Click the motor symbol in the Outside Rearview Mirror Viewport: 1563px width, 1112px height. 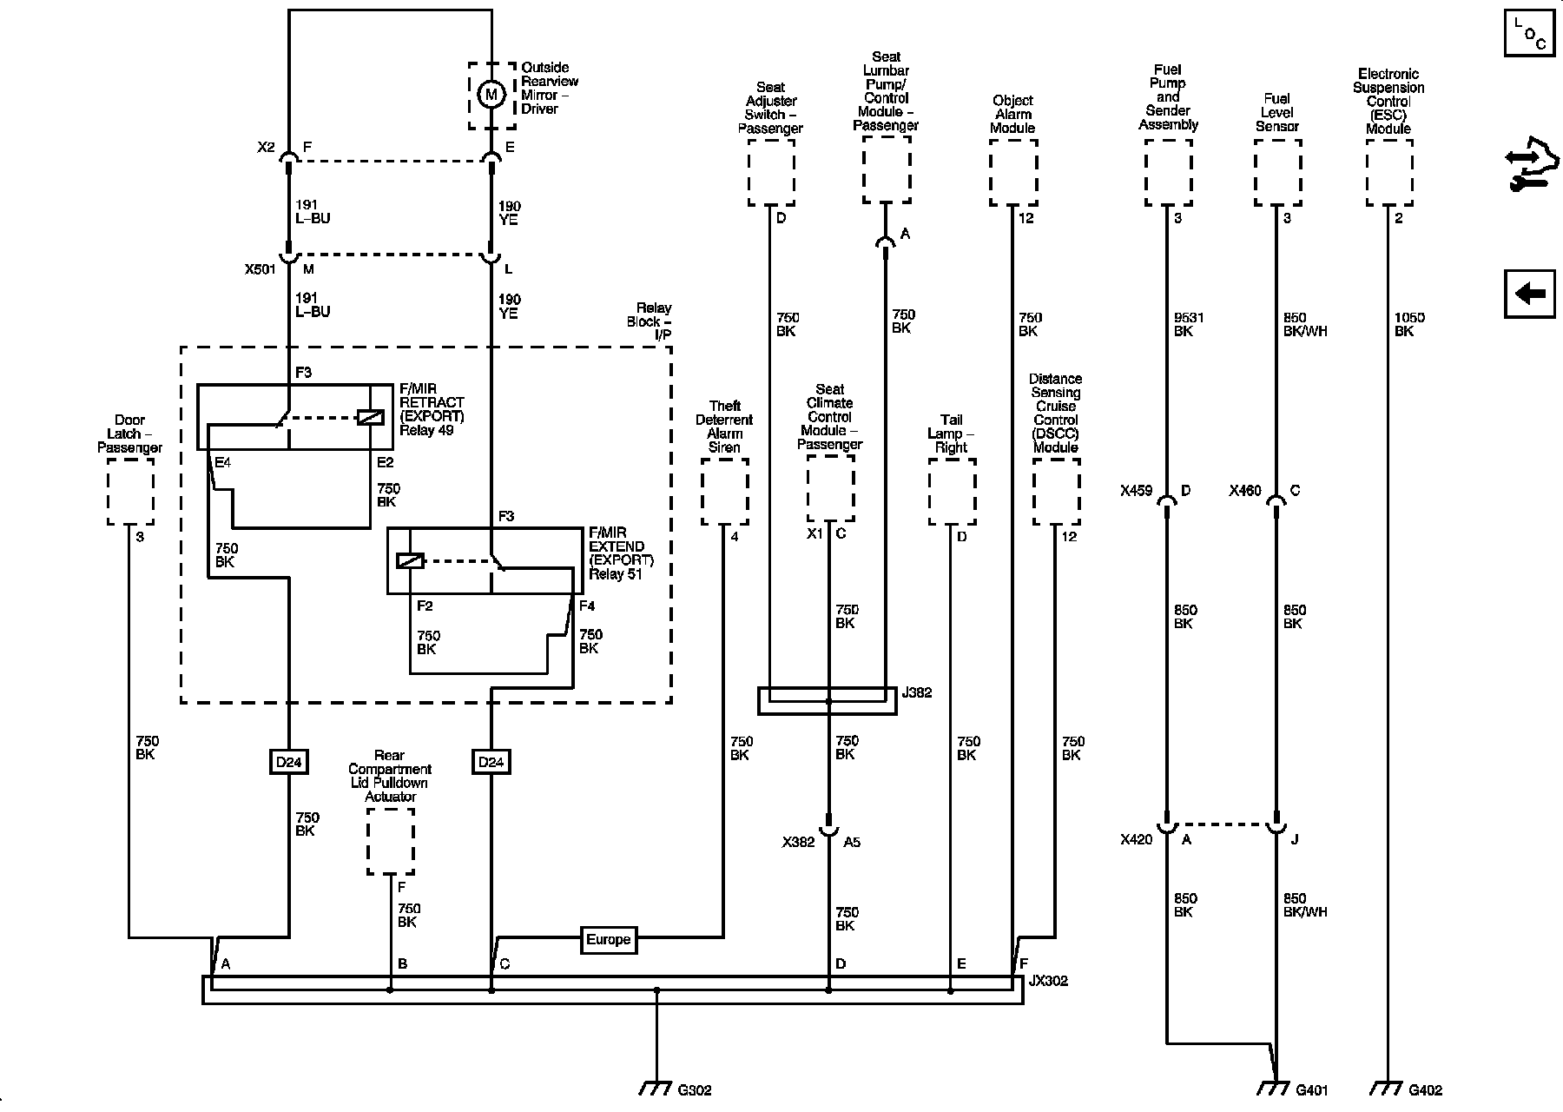click(491, 94)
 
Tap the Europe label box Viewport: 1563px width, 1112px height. click(608, 940)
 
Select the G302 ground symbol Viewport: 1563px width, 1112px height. click(656, 1088)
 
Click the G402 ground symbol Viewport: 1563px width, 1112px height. click(1387, 1088)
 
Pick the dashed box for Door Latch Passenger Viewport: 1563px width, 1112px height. click(130, 492)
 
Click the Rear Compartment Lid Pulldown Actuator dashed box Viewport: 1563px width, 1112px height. click(390, 841)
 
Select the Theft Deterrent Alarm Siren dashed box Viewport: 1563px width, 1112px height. click(724, 492)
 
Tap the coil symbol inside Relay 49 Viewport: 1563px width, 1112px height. click(370, 418)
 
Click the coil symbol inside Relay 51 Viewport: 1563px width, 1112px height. click(410, 560)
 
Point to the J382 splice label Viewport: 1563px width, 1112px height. click(917, 693)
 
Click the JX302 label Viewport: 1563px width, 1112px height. click(1048, 982)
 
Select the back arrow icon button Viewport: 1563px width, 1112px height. click(1529, 295)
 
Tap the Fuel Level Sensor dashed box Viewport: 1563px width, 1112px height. click(1277, 173)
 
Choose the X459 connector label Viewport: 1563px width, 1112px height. click(1136, 491)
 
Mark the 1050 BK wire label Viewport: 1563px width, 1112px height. click(1408, 324)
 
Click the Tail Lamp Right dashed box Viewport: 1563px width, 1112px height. click(952, 492)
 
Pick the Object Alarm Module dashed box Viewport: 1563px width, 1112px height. click(1013, 173)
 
